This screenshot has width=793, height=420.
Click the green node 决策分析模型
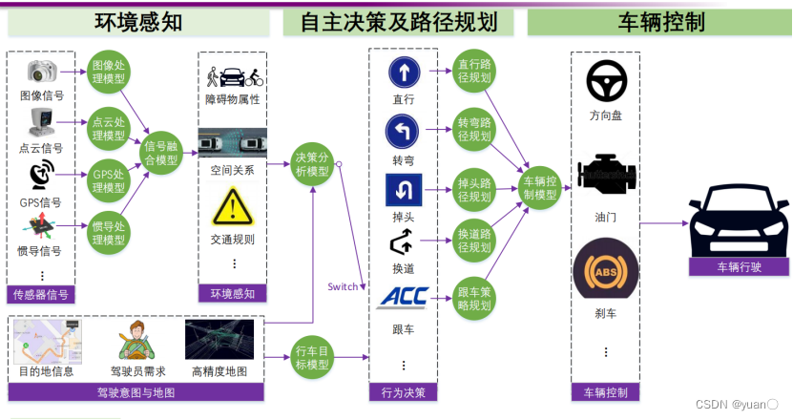[x=313, y=164]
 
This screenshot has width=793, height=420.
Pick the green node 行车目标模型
[x=313, y=357]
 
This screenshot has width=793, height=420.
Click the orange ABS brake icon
[x=604, y=273]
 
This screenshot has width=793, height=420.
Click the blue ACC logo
[x=403, y=297]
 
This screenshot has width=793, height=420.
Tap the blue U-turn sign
[x=403, y=190]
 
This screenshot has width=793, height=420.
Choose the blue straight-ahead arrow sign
[x=403, y=73]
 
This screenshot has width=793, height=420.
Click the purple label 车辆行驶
[x=740, y=267]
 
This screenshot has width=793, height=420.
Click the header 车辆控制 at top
[x=658, y=22]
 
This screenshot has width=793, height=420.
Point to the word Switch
[x=343, y=286]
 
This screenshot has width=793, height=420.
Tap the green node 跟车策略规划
[x=473, y=299]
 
